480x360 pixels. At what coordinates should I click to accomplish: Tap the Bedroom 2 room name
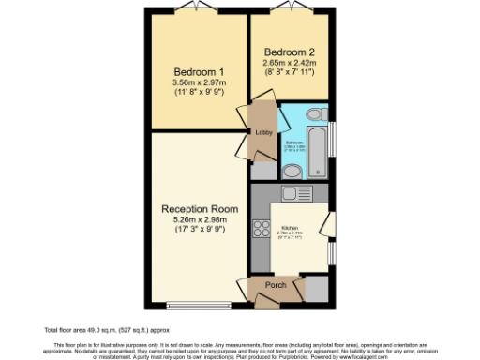[x=289, y=51]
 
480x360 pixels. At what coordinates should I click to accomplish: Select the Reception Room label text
[x=195, y=208]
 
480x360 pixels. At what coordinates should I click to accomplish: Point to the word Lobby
[x=263, y=132]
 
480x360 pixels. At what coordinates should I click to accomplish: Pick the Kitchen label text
[x=290, y=229]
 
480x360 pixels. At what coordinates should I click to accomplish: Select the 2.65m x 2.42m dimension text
[x=289, y=62]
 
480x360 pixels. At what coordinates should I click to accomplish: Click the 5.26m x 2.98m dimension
[x=195, y=220]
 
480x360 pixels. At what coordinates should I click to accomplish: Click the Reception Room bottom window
[x=196, y=304]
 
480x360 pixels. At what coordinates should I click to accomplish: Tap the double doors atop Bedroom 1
[x=197, y=11]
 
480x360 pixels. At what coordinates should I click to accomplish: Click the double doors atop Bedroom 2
[x=288, y=11]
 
